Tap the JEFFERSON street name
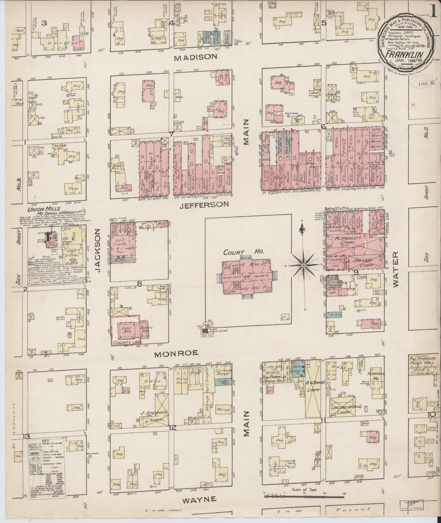204,205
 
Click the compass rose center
303,265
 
